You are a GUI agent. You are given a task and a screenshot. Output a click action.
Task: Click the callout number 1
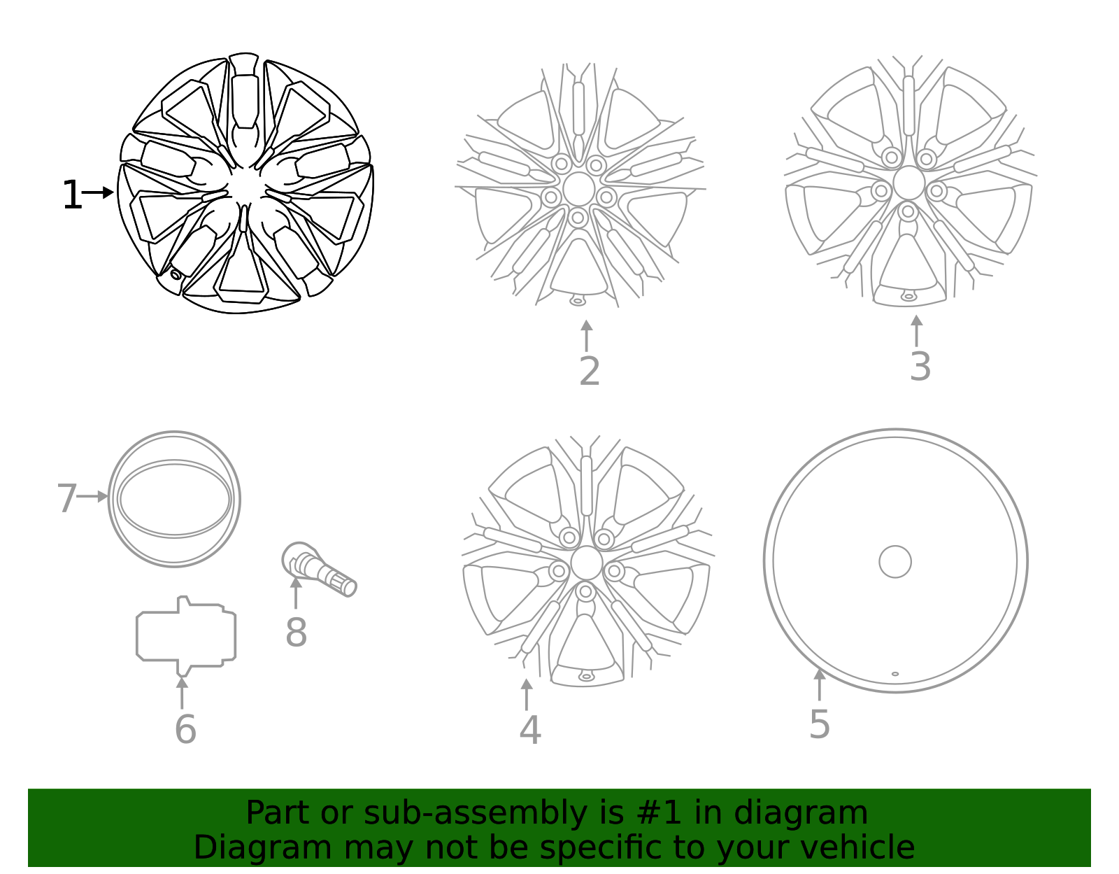(71, 195)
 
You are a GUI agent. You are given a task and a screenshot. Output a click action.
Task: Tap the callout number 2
(590, 372)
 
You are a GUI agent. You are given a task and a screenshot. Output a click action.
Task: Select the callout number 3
(920, 367)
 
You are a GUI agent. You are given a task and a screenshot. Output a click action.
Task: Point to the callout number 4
(529, 730)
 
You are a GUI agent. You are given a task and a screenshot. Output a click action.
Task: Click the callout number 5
(819, 724)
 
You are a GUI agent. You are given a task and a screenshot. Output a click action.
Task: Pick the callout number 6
(185, 730)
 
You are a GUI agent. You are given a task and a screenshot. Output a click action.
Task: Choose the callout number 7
(66, 499)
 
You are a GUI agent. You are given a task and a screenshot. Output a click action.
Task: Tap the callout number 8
(296, 633)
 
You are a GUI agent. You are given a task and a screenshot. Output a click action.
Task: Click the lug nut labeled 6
(186, 635)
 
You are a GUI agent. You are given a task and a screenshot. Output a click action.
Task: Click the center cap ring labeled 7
(174, 499)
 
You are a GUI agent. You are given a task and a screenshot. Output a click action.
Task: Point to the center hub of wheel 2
(578, 189)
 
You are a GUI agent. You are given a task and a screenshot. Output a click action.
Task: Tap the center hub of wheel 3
(908, 183)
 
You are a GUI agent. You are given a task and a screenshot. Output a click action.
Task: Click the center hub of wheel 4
(586, 563)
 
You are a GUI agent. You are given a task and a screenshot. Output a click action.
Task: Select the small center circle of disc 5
(895, 561)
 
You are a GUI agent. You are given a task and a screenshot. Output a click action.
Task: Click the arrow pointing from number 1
(99, 192)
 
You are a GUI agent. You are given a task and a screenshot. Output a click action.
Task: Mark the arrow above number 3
(916, 330)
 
